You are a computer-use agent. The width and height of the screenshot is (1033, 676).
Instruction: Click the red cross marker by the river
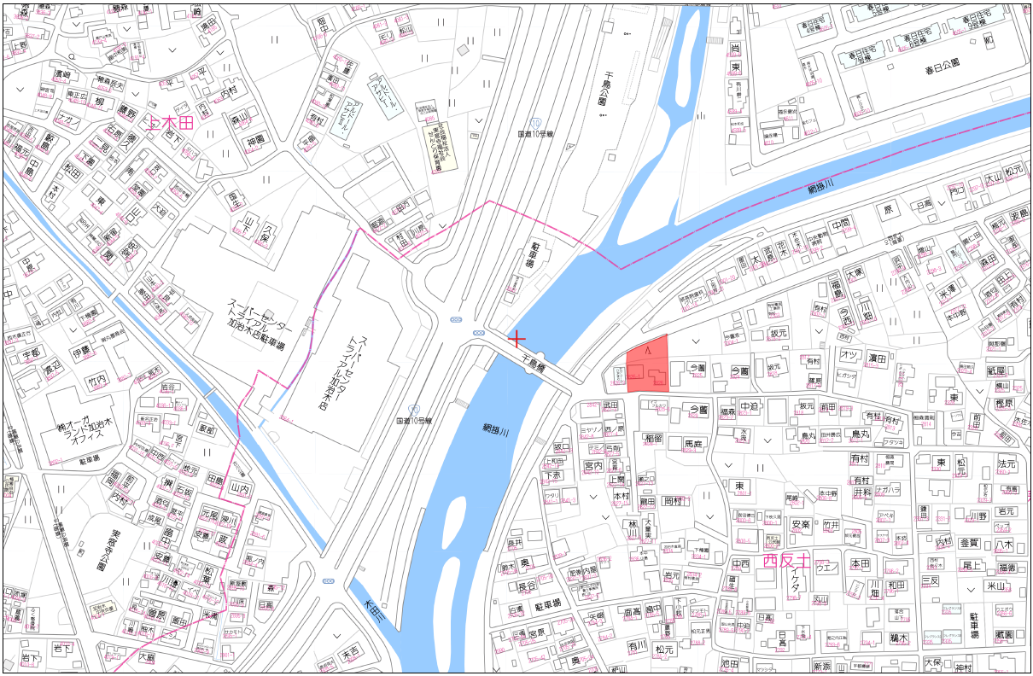coord(516,338)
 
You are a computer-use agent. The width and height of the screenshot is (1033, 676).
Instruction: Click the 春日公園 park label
coord(942,63)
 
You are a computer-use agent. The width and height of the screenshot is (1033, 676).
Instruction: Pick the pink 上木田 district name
coord(172,124)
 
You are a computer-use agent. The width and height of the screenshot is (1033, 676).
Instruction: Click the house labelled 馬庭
coord(693,444)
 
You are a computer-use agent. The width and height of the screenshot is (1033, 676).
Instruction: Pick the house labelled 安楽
coord(800,524)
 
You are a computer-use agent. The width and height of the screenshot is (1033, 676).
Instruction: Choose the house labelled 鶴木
coord(900,637)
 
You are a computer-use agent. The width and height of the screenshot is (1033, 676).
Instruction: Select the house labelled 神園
coord(257,140)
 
